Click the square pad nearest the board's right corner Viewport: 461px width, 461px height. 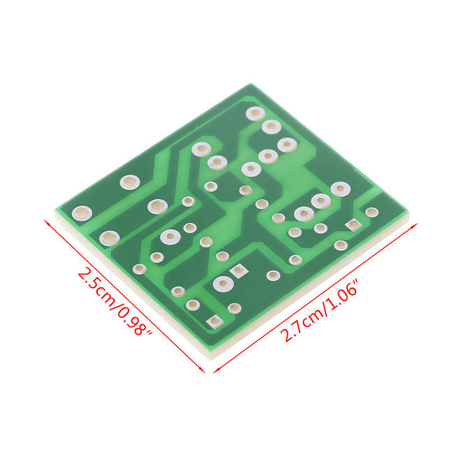353,225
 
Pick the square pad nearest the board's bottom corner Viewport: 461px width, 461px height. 215,321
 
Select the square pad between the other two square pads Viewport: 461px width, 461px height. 239,271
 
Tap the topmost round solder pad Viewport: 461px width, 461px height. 255,113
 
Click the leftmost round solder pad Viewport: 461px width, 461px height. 82,213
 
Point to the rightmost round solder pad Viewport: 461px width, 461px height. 372,212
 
